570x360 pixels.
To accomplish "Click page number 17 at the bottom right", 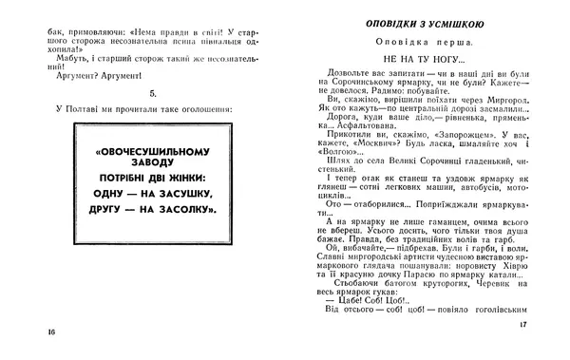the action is (523, 325).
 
